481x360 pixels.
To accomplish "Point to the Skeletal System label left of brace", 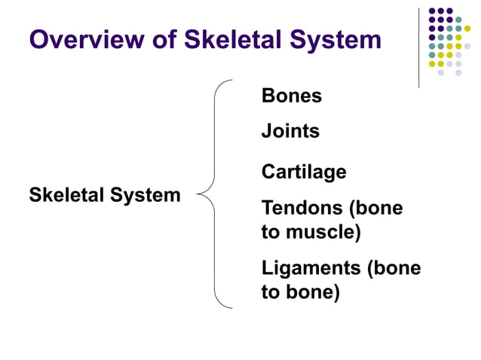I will pos(105,196).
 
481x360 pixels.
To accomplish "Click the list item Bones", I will pos(292,96).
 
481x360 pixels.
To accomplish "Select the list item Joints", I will pos(290,131).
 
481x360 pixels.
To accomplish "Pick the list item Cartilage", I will pos(304,172).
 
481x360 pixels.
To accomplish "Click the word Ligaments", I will pos(310,268).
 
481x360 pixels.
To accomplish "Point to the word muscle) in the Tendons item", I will pos(321,232).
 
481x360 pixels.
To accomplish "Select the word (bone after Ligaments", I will pos(394,268).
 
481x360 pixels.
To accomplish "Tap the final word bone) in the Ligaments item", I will pos(311,292).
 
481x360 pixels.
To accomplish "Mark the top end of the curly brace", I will pos(231,80).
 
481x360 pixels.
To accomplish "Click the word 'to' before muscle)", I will pos(270,232).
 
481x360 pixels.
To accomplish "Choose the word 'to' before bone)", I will pos(270,292).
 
